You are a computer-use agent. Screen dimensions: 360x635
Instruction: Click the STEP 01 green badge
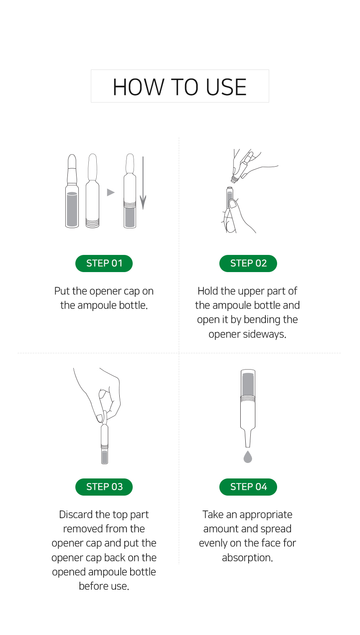104,263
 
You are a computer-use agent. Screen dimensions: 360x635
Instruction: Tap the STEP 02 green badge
248,263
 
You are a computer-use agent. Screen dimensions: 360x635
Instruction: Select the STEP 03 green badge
104,487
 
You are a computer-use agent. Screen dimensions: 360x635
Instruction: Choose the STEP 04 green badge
248,487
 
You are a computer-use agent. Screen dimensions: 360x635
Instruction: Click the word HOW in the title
139,87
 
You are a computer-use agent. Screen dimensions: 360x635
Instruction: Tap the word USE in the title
226,87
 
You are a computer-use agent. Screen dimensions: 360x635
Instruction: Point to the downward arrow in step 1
143,183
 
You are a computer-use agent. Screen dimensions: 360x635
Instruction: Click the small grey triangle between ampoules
110,193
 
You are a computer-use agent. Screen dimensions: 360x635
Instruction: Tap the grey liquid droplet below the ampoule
248,457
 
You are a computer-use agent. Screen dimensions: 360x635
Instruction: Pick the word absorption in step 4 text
247,558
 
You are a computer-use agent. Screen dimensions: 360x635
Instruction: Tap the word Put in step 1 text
62,291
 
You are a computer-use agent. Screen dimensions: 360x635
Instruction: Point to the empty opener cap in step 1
93,190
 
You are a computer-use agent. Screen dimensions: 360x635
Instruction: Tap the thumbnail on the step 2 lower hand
234,204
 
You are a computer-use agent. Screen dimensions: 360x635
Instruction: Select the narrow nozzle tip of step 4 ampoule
248,438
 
